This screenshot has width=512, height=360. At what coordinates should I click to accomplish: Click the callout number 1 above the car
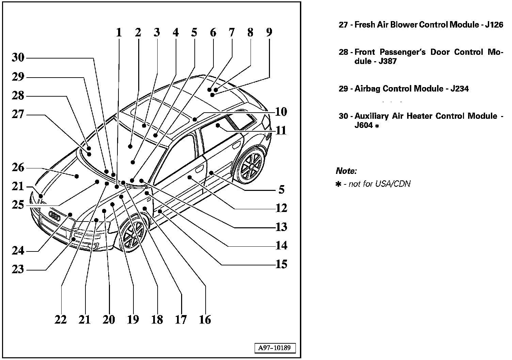tap(118, 33)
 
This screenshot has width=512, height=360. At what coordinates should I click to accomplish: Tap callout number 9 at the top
tap(269, 33)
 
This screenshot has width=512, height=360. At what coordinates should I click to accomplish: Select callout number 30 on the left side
tap(18, 58)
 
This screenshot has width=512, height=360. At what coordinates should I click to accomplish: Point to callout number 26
tap(18, 168)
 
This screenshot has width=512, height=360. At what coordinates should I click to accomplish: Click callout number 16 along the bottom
tap(205, 320)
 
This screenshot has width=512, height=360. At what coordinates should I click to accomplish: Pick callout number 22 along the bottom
tap(61, 320)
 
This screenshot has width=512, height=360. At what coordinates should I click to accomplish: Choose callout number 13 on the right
tap(281, 227)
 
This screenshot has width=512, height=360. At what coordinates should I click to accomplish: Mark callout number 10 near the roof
tap(281, 112)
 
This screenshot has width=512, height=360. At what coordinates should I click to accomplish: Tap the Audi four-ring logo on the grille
tap(55, 215)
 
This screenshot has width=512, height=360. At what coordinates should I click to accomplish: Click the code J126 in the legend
tap(494, 25)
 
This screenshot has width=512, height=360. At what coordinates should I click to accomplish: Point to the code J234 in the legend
tap(459, 89)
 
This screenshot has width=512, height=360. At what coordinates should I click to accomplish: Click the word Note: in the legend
tap(346, 171)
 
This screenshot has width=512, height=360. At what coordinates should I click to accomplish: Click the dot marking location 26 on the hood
tap(77, 176)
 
